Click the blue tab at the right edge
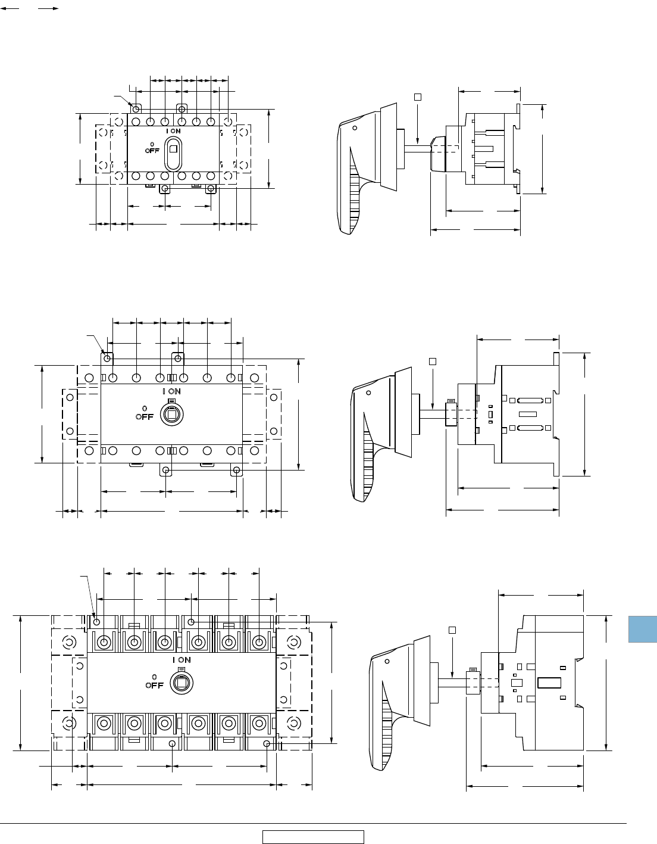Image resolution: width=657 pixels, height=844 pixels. click(x=643, y=629)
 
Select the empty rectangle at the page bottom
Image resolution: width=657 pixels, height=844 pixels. click(x=313, y=837)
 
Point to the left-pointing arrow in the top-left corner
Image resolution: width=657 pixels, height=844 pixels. click(x=10, y=8)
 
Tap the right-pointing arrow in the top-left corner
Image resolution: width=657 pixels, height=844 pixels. click(x=49, y=8)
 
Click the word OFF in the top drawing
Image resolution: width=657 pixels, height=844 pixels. click(x=152, y=151)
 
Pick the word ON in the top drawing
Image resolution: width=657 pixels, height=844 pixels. click(x=176, y=131)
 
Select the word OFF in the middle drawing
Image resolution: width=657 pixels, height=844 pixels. click(x=145, y=417)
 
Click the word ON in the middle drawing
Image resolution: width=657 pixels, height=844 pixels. click(x=174, y=391)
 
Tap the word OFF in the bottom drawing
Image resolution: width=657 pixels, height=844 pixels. click(x=155, y=686)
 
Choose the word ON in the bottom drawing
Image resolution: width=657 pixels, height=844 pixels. click(x=184, y=660)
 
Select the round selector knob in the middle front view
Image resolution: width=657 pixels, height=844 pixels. click(x=171, y=415)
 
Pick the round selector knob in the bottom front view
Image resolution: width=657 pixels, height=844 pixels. click(x=182, y=684)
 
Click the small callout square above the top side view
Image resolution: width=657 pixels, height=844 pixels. click(x=418, y=97)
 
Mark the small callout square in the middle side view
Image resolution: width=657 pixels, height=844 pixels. click(x=432, y=362)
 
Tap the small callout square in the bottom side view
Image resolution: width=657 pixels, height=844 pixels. click(x=452, y=630)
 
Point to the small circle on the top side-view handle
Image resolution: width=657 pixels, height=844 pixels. click(x=355, y=128)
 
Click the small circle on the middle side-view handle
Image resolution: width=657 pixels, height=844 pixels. click(x=368, y=393)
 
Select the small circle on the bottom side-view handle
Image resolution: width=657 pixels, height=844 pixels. click(x=387, y=661)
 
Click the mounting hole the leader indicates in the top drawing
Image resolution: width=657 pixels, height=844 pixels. click(x=136, y=109)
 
